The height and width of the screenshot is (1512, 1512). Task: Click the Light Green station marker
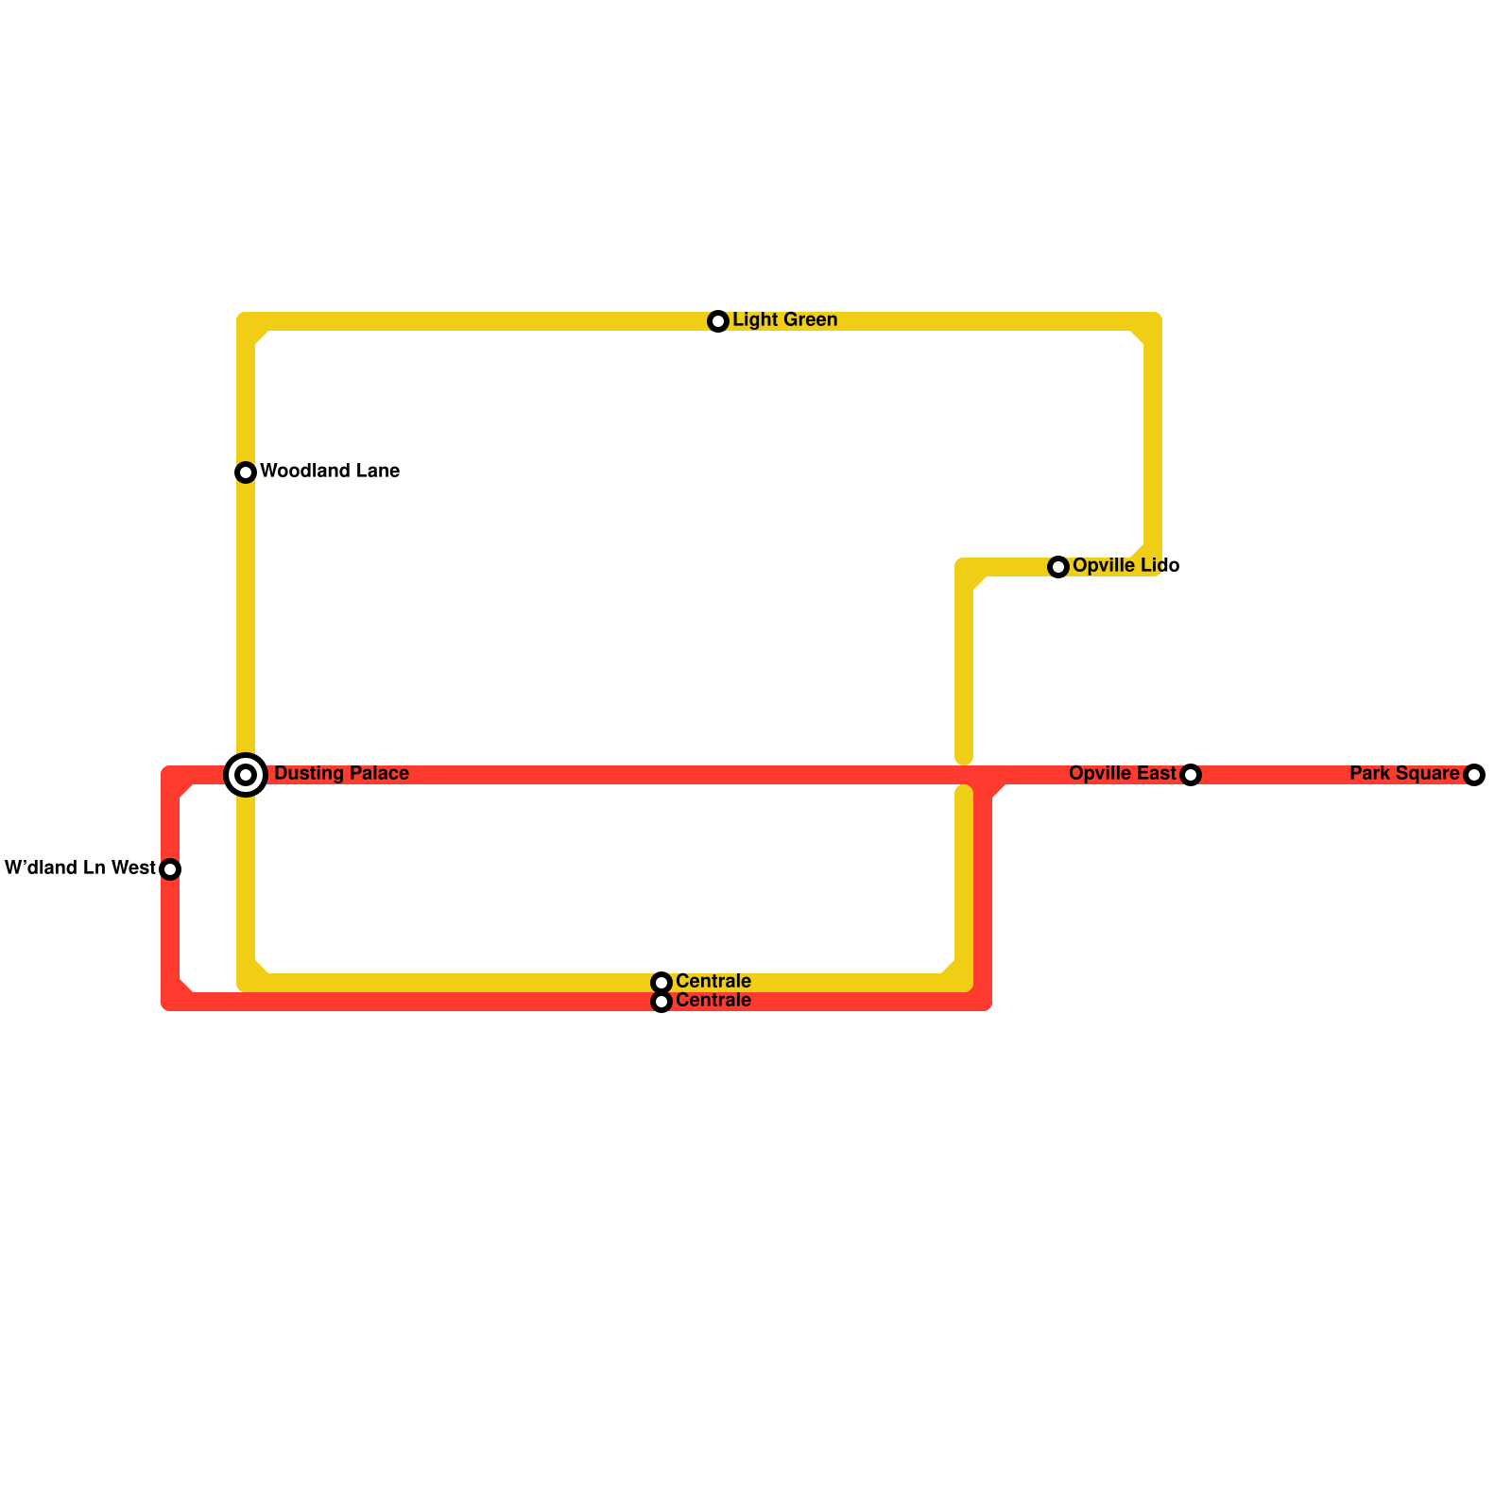(718, 321)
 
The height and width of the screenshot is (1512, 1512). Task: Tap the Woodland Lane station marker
(246, 472)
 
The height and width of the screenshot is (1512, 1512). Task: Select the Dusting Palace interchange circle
(246, 775)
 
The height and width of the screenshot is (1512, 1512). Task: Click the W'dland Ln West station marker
(170, 868)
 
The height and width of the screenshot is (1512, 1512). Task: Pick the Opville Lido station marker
(1058, 566)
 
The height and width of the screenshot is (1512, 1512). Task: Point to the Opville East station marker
(1191, 775)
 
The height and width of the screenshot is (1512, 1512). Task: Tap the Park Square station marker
(1474, 775)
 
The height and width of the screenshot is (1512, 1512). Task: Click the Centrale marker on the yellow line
(661, 983)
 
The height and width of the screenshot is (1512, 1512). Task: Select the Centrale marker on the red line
(661, 1002)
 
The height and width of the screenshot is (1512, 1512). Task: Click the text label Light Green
(784, 320)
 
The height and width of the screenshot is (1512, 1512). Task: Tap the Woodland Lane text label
(329, 471)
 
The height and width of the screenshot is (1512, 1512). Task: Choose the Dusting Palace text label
(341, 774)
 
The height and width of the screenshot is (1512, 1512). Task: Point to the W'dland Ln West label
(80, 868)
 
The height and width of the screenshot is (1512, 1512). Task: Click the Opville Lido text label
(1125, 565)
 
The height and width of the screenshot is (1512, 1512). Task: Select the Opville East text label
(1122, 774)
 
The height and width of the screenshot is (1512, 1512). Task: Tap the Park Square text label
(1404, 774)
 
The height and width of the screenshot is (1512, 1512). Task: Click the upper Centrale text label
(713, 981)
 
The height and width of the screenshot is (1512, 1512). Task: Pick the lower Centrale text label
(713, 1001)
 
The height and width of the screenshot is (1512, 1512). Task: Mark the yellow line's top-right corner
(1152, 322)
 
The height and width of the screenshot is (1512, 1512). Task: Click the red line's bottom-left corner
(171, 1001)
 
